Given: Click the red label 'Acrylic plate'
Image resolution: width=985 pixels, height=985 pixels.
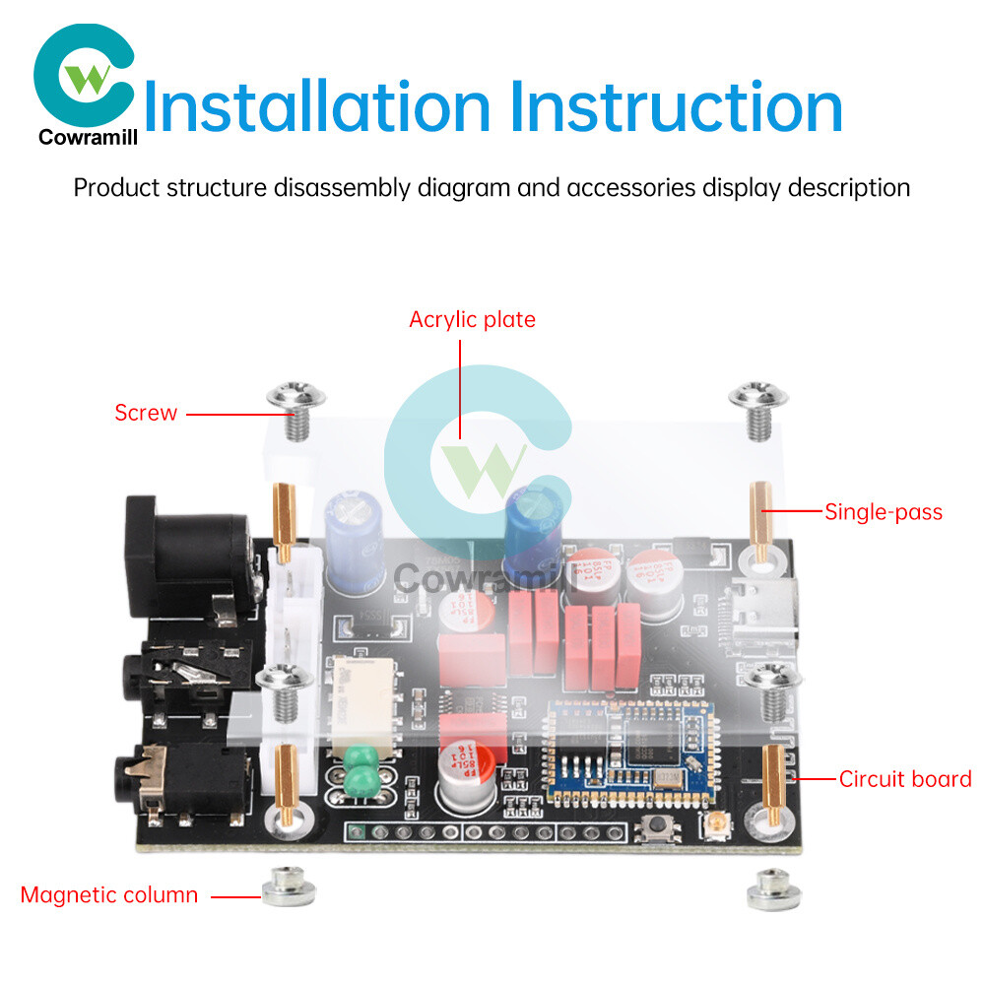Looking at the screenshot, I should click(x=472, y=319).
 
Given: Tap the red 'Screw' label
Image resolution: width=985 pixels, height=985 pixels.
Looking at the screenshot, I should click(x=146, y=413).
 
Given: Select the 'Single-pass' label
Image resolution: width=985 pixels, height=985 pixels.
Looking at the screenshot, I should click(x=883, y=511).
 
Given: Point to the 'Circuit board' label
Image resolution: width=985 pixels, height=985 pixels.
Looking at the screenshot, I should click(x=905, y=779).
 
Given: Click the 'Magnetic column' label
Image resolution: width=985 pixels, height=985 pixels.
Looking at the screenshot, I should click(x=108, y=895).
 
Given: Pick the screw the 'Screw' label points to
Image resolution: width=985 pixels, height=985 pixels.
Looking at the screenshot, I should click(x=295, y=405).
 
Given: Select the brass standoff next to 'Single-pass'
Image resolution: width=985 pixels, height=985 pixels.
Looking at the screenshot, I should click(x=762, y=517).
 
